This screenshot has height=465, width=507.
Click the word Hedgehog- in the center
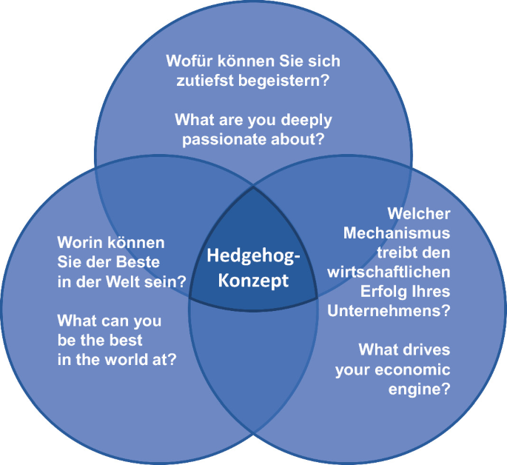tap(253, 257)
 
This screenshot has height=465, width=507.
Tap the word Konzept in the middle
tap(253, 281)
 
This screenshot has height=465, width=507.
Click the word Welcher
tap(418, 213)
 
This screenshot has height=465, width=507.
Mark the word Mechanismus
tap(397, 232)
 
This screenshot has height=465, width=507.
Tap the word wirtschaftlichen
tap(389, 271)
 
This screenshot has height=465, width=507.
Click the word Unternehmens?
tap(388, 310)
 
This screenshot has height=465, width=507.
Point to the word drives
tap(424, 349)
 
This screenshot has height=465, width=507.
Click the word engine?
tap(419, 388)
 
